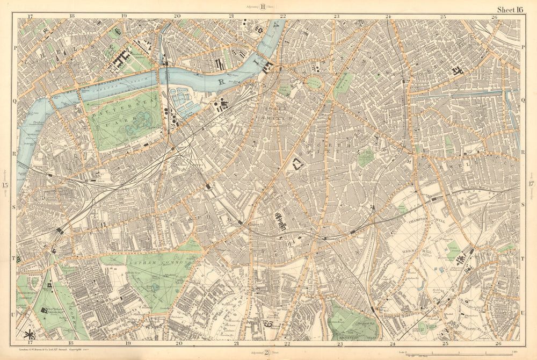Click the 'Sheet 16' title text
510,9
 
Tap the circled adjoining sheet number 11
264,6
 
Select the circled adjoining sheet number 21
266,352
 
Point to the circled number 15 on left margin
6,186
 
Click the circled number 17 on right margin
531,185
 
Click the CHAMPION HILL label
420,220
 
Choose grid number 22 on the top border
282,17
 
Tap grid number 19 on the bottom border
128,342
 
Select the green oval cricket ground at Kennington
315,82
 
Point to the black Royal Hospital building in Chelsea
121,58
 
